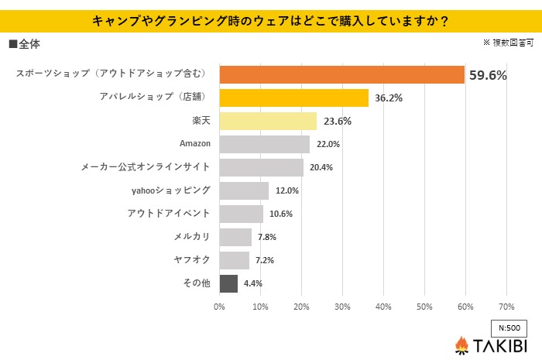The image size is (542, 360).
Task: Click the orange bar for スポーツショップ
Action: (x=341, y=74)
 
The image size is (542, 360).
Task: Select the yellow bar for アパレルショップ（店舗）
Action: (x=294, y=98)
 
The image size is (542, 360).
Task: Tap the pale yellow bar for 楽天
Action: (x=268, y=121)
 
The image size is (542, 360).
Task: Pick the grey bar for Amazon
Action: (x=265, y=144)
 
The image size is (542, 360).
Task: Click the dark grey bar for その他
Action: (x=228, y=283)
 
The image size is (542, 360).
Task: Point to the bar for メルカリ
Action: (x=235, y=237)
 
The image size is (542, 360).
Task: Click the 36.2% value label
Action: (x=389, y=98)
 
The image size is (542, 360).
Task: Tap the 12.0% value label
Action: (x=286, y=190)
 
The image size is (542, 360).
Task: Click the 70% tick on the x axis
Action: (x=506, y=307)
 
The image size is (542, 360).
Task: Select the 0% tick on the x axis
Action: (x=220, y=307)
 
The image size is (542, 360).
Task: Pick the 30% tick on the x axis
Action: (x=342, y=307)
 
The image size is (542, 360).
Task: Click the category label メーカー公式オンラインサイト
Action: (x=146, y=167)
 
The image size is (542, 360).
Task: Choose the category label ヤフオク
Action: (x=194, y=260)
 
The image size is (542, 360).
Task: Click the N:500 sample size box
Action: (x=509, y=327)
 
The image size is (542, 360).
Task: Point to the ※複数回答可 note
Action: (x=507, y=43)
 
